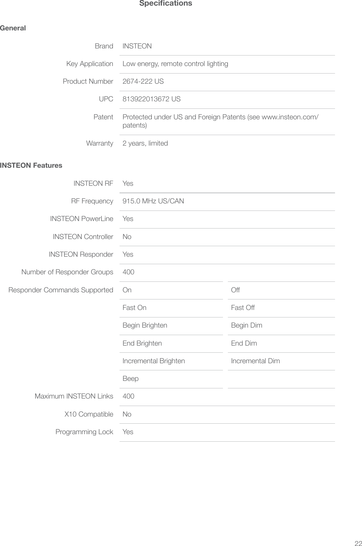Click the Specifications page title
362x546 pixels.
coord(166,3)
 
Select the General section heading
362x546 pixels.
coord(13,28)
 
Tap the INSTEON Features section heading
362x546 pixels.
coord(31,165)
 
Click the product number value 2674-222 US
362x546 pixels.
coord(143,81)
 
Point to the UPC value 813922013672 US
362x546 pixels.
coord(151,99)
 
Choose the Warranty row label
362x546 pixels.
coord(100,143)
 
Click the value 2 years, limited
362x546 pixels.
coord(145,143)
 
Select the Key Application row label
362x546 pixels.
coord(90,64)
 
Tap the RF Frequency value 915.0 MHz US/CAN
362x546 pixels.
coord(153,201)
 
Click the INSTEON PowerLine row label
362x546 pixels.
coord(82,219)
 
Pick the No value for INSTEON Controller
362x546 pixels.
coord(127,237)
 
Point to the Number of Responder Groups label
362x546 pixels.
coord(67,272)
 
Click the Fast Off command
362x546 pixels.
coord(243,308)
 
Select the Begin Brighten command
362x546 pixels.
coord(145,325)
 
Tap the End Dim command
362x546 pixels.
coord(244,343)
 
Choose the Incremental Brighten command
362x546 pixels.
coord(154,361)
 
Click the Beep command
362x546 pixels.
coord(130,379)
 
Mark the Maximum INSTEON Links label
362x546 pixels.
coord(74,396)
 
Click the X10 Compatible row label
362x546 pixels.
coord(89,414)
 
